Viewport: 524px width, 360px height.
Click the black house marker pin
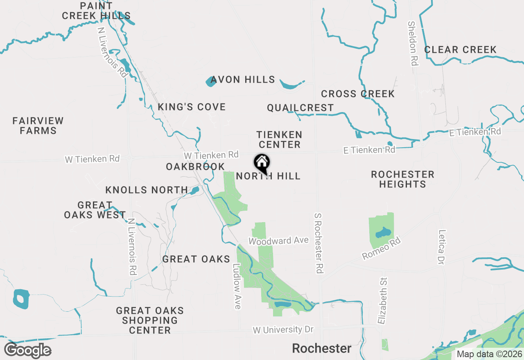coord(262,163)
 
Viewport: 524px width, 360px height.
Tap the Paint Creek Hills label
coord(96,11)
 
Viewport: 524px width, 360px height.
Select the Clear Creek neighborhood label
coord(460,50)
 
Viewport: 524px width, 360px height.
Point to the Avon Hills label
coord(243,79)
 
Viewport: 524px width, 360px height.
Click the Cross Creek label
coord(357,94)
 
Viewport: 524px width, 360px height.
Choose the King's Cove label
coord(192,107)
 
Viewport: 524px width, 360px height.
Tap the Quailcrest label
coord(300,108)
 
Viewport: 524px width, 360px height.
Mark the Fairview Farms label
coord(38,126)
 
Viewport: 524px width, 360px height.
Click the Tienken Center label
coord(279,139)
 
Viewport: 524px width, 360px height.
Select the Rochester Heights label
coord(402,179)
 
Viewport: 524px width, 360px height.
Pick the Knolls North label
coord(147,190)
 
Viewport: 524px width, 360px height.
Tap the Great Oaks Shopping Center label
coord(150,320)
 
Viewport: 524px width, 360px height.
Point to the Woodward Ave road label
coord(278,241)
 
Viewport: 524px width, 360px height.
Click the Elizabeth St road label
coord(383,300)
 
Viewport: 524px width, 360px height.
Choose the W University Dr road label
coord(283,330)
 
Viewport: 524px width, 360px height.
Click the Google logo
coord(27,350)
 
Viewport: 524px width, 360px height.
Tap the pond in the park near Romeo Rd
coord(383,232)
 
